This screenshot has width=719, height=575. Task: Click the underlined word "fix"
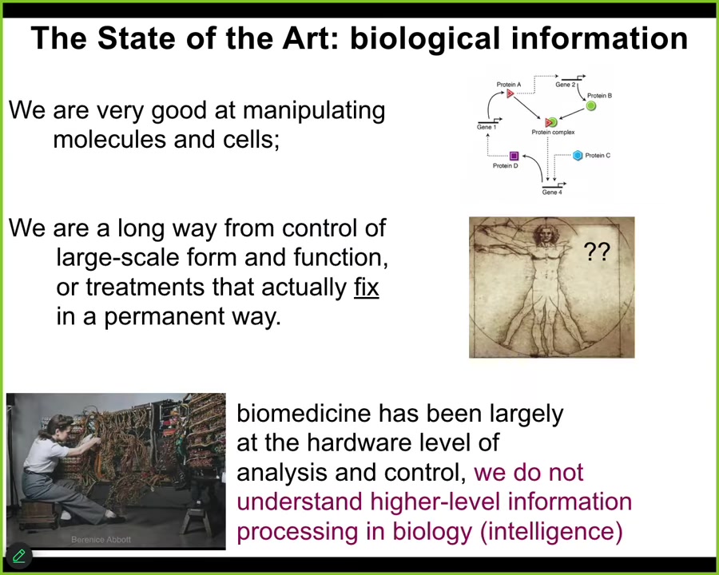pyautogui.click(x=366, y=287)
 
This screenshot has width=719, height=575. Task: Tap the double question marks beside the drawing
pyautogui.click(x=597, y=252)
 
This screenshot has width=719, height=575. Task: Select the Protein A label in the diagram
pyautogui.click(x=509, y=84)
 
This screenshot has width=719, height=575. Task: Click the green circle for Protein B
pyautogui.click(x=591, y=105)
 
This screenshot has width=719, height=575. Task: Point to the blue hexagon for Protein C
pyautogui.click(x=578, y=156)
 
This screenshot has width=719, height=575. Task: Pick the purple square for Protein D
pyautogui.click(x=514, y=157)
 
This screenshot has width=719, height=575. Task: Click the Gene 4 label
pyautogui.click(x=552, y=192)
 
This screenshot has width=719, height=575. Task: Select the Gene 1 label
pyautogui.click(x=487, y=128)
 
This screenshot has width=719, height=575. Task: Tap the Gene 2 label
pyautogui.click(x=566, y=85)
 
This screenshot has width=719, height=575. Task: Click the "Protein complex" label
pyautogui.click(x=553, y=133)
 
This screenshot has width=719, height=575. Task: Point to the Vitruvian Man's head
pyautogui.click(x=546, y=233)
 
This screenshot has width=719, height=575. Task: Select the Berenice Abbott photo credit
pyautogui.click(x=101, y=540)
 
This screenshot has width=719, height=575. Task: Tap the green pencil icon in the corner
pyautogui.click(x=18, y=556)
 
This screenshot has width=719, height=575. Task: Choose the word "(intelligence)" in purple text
pyautogui.click(x=550, y=531)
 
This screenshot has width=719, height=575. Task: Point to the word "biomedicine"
pyautogui.click(x=304, y=414)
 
